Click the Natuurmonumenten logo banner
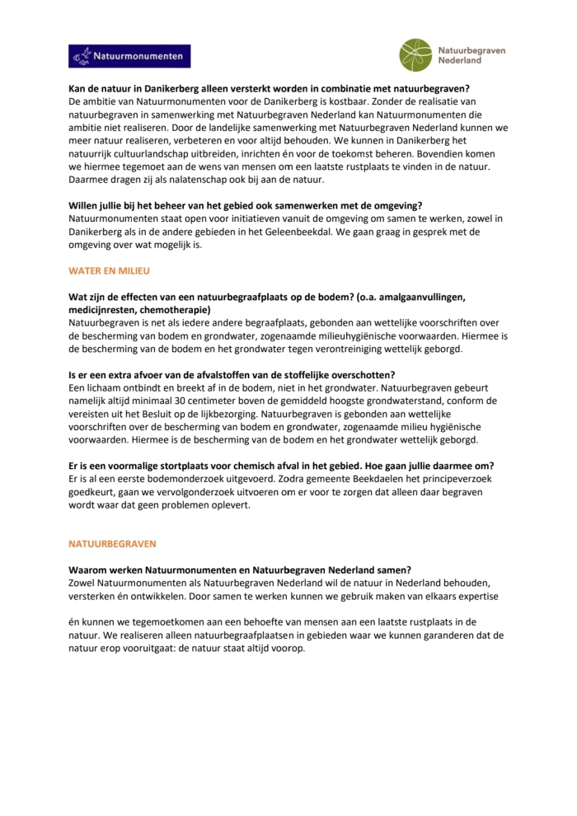[x=129, y=56]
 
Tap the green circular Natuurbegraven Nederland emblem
[x=415, y=55]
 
